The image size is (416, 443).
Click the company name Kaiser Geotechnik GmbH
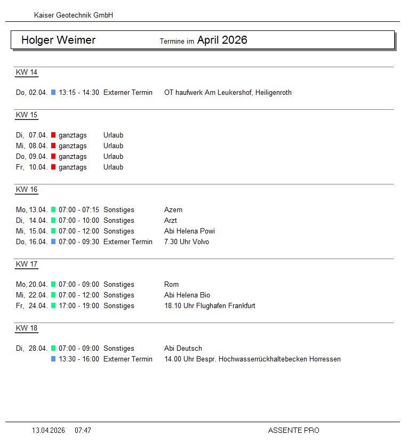(x=74, y=15)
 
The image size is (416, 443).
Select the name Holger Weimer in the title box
(x=59, y=40)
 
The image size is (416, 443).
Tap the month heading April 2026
(x=222, y=40)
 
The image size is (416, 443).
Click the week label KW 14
(x=27, y=73)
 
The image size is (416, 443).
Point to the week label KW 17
(x=27, y=264)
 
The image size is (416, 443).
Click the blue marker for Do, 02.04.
(x=53, y=93)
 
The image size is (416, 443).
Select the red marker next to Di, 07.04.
(x=53, y=135)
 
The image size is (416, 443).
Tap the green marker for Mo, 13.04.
(x=53, y=210)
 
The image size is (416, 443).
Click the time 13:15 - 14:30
(x=79, y=93)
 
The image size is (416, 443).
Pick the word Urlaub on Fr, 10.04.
(x=113, y=167)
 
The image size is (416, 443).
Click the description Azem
(x=173, y=210)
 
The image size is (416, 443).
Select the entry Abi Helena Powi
(x=189, y=231)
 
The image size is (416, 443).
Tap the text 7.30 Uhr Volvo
(x=187, y=242)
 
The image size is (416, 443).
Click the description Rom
(x=172, y=285)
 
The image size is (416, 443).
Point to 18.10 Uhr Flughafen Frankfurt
(x=210, y=306)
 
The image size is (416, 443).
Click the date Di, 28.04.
(x=32, y=349)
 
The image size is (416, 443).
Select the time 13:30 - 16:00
(x=79, y=359)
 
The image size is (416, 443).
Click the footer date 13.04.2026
(x=49, y=430)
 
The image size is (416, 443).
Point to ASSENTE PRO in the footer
(x=293, y=430)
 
